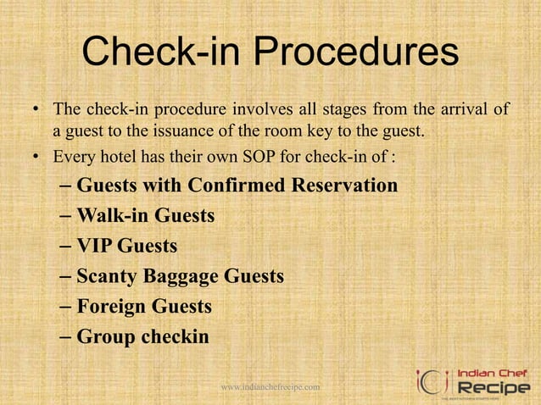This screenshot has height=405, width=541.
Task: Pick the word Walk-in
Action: coord(109,215)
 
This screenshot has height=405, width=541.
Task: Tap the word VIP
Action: coord(94,246)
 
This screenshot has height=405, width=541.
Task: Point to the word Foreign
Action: coord(110,306)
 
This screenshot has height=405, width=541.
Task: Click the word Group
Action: coord(104,336)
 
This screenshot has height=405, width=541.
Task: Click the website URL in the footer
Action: coord(270,387)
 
